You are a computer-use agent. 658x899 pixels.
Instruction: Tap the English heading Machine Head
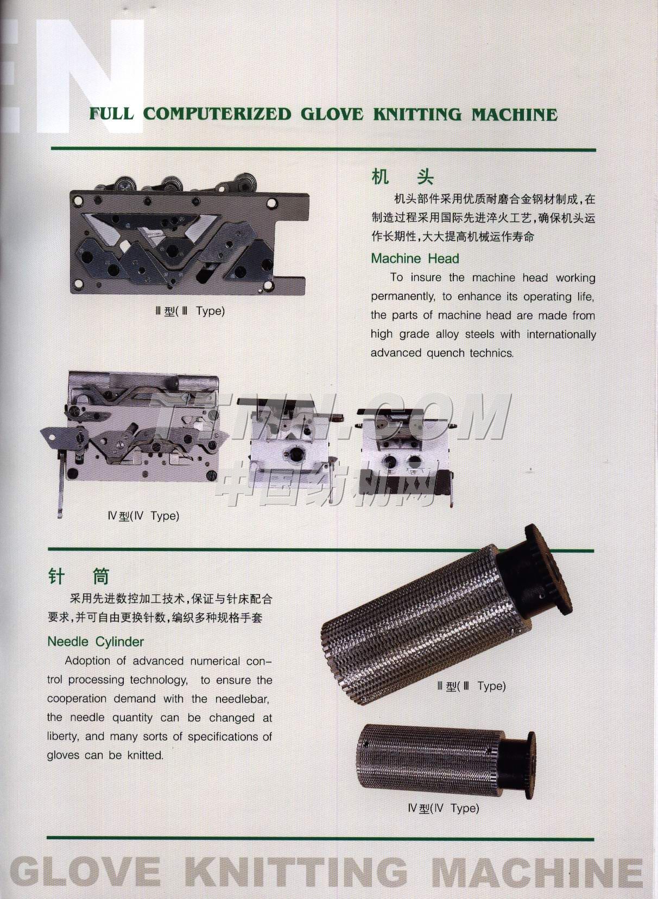click(x=415, y=258)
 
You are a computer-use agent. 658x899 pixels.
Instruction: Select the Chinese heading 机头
click(x=402, y=177)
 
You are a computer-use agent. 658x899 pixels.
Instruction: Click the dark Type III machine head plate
click(x=189, y=237)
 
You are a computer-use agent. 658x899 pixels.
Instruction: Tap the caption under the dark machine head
click(x=190, y=311)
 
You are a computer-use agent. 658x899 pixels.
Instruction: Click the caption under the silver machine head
click(x=143, y=516)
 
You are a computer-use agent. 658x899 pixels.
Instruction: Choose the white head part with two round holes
click(x=406, y=453)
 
